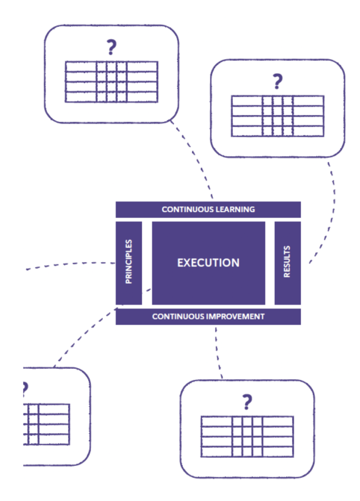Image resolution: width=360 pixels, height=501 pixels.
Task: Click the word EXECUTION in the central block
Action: (208, 263)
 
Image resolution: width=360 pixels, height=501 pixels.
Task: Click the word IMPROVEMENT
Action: (236, 317)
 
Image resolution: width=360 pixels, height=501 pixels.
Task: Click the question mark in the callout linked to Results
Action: (277, 81)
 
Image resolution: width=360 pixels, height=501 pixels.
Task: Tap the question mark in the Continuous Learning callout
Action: (112, 47)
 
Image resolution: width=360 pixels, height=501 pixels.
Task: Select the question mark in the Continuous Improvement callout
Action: (247, 402)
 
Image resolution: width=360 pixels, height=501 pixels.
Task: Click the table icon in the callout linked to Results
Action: (277, 116)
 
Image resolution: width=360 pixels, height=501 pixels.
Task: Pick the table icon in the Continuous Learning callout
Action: (112, 82)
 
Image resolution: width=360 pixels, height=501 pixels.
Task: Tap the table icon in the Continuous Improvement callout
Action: (247, 436)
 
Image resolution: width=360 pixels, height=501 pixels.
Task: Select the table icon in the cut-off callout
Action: (46, 424)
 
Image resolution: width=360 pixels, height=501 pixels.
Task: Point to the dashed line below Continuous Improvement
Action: (218, 352)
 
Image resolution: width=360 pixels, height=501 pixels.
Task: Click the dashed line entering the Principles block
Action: (73, 264)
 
